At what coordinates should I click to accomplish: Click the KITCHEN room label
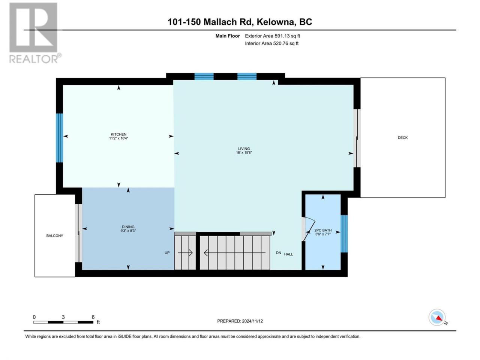118,134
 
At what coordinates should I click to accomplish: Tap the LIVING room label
244,148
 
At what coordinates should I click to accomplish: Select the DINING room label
128,227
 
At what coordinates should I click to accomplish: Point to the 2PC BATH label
323,230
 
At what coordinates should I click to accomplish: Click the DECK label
403,138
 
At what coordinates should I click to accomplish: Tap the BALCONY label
55,235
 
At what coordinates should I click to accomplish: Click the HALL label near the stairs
288,254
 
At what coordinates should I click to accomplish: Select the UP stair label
167,253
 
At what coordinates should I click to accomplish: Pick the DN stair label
278,253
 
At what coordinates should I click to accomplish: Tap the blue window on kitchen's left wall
60,138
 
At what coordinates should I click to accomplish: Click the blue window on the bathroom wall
344,234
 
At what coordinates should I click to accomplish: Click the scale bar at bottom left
63,322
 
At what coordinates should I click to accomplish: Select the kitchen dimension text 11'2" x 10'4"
118,138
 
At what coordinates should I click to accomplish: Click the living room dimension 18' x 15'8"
244,153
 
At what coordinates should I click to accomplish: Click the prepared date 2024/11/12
252,321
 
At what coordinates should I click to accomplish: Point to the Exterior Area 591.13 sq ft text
273,36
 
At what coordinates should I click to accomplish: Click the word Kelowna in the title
275,22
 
